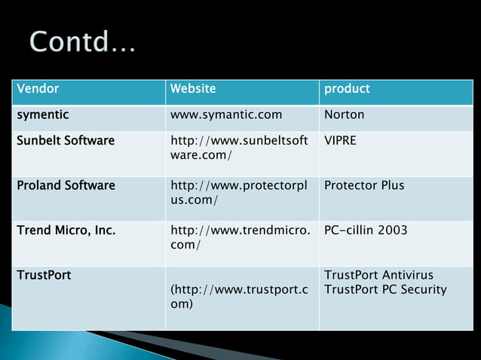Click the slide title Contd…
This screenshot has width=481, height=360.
[83, 41]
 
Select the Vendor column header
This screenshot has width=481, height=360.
[38, 89]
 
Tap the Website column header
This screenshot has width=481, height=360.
[193, 89]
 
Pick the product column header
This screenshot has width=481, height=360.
[347, 89]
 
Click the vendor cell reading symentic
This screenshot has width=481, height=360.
[43, 115]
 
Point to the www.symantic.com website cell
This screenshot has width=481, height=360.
[226, 115]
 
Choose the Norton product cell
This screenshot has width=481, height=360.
[344, 115]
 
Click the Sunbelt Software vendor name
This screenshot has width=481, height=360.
[66, 141]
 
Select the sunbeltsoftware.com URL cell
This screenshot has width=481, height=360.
[239, 148]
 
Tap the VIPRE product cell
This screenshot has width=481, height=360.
[342, 141]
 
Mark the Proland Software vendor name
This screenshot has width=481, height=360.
[66, 185]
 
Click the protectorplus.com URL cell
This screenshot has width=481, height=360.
[239, 192]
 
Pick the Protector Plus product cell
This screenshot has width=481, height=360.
[364, 185]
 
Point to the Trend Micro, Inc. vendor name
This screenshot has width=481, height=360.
[66, 230]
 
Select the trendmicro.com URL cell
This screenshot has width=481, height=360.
[240, 237]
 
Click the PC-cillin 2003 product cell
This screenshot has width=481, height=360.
[366, 230]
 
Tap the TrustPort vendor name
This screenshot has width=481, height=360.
[44, 275]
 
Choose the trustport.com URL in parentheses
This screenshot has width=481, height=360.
[239, 297]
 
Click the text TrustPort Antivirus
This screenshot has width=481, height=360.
[378, 275]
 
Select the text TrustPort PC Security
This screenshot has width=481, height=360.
[385, 289]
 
